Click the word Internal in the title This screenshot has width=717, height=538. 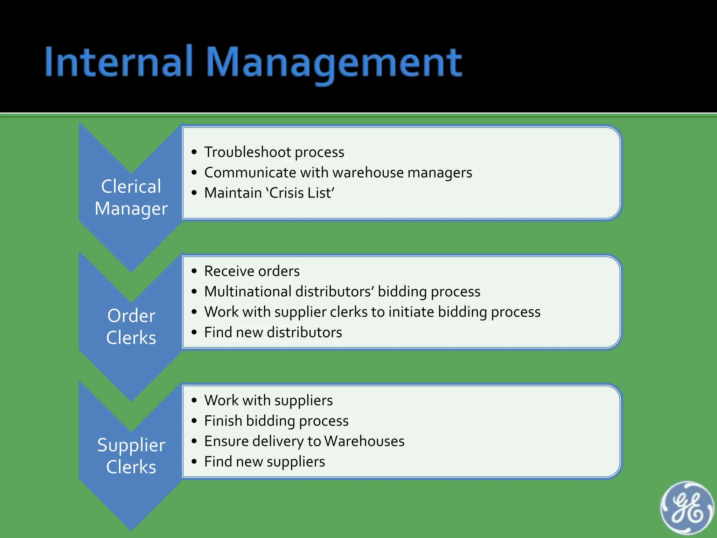pos(119,62)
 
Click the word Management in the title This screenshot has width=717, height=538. pos(334,63)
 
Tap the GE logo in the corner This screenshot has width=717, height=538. pos(687,508)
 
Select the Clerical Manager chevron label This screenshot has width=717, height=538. pos(131,197)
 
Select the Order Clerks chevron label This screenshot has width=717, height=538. pos(131,326)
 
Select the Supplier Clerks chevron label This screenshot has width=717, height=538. pos(131,456)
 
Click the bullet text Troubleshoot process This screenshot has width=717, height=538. pos(274,152)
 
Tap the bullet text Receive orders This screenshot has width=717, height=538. pos(252,271)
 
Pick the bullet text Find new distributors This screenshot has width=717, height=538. pos(273,332)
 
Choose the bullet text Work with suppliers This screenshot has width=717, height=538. pos(268,400)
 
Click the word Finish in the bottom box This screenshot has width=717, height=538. pos(223,421)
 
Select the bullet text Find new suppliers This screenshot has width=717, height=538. pos(264,461)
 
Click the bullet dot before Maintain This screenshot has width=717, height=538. pos(194,193)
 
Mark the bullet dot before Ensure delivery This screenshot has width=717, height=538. pos(194,441)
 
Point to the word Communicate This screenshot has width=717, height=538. pos(250,172)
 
